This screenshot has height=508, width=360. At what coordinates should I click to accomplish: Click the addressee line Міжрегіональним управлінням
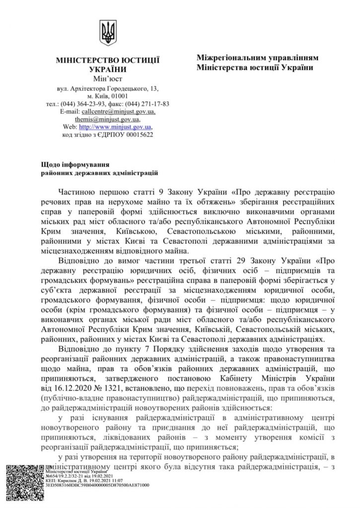(x=257, y=58)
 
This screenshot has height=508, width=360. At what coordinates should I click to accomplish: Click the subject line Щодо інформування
(x=74, y=163)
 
